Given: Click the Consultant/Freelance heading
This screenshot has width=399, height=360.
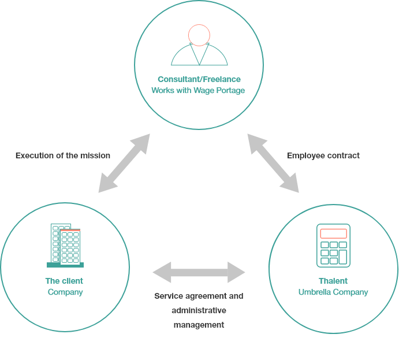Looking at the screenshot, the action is (x=199, y=79).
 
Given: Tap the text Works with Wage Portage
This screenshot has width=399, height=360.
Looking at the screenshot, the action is (x=198, y=90).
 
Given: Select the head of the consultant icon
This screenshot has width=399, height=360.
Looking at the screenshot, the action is (x=199, y=35).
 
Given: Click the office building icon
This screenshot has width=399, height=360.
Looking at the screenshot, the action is (x=65, y=246).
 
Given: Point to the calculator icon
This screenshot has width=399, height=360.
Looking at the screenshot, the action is (x=333, y=246).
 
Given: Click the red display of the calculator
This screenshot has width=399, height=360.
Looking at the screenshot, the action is (x=333, y=233).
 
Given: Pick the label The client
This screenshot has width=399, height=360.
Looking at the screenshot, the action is (x=64, y=281).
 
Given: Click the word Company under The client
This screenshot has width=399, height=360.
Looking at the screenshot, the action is (x=65, y=292).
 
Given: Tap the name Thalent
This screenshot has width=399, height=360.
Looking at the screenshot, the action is (x=333, y=281).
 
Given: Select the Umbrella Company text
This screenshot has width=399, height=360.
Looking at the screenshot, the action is (x=333, y=292).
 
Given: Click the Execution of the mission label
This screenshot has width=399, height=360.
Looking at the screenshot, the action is (x=63, y=155).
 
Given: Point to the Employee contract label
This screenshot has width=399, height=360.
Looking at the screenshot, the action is (x=323, y=155).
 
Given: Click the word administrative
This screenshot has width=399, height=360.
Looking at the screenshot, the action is (x=199, y=310).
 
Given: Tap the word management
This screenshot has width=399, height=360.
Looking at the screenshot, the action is (x=199, y=325).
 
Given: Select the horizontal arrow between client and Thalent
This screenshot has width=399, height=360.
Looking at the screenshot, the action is (x=199, y=272).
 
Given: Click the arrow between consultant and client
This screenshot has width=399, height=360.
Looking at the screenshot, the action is (x=124, y=163).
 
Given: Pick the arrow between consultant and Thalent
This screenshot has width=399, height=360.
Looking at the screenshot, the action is (x=273, y=163).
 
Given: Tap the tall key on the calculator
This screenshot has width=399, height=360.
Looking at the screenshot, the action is (x=343, y=257).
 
